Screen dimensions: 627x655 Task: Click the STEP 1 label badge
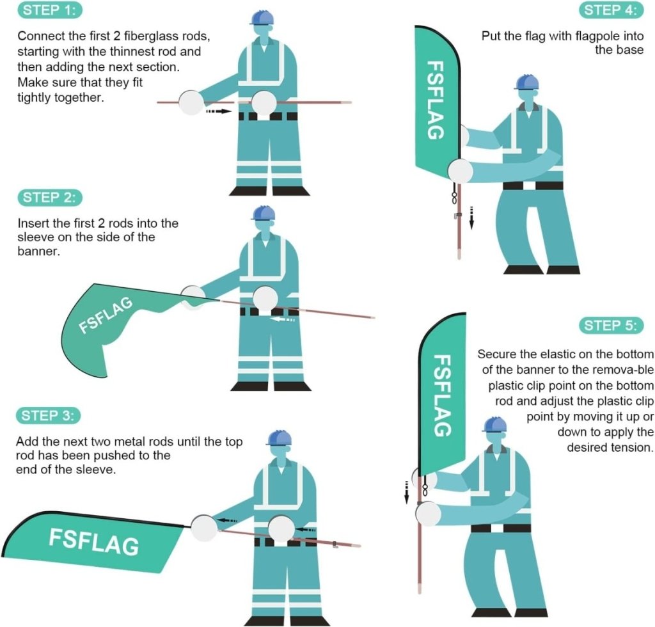click(51, 11)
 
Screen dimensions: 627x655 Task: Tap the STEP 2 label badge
click(51, 198)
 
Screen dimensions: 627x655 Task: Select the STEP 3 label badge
click(49, 416)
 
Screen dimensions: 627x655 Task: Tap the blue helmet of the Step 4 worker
click(526, 82)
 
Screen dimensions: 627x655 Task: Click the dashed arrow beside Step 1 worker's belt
click(218, 111)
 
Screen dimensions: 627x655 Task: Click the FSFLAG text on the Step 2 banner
click(106, 315)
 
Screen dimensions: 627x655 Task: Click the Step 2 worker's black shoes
click(271, 386)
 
